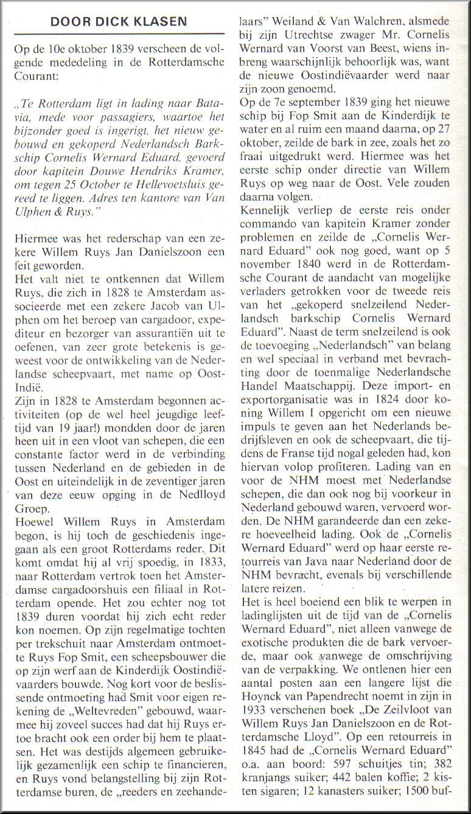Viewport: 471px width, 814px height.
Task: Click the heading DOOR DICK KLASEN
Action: tap(118, 22)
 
